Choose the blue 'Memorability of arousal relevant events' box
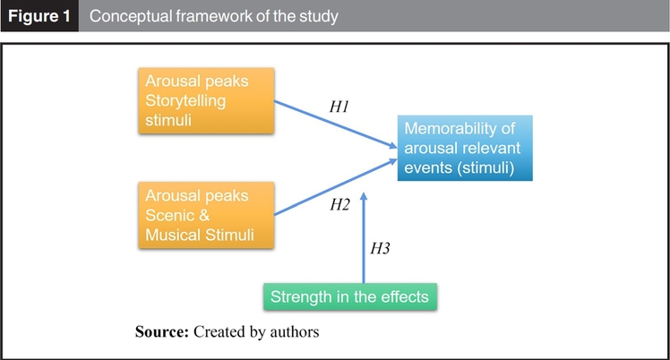coord(465,148)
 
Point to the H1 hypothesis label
coord(339,107)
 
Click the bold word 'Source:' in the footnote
coord(162,331)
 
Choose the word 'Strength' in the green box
coord(299,296)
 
